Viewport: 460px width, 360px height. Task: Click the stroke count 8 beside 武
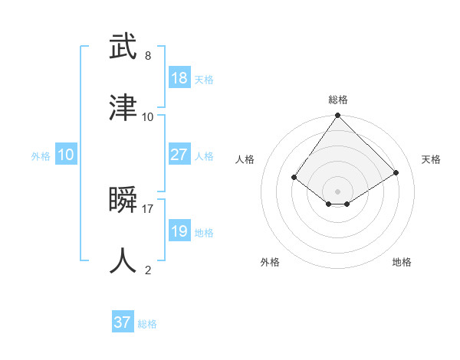click(147, 56)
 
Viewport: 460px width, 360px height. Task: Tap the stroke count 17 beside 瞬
click(148, 208)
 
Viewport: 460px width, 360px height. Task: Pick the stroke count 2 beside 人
click(147, 270)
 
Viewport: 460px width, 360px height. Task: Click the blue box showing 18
click(179, 78)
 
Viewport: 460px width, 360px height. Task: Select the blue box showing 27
click(179, 155)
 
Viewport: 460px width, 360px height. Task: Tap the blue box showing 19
click(179, 231)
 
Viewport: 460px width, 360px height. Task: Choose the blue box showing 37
click(123, 322)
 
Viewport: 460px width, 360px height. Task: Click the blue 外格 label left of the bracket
click(41, 156)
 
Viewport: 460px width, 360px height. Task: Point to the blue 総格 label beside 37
click(148, 324)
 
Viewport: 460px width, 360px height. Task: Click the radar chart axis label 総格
click(338, 100)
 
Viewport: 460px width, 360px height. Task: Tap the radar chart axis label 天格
click(432, 159)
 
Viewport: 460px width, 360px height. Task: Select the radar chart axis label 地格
click(402, 262)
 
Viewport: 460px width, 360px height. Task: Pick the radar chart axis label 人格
click(245, 159)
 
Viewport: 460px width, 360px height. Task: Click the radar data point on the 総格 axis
click(338, 116)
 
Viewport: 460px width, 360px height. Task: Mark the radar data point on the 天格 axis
click(396, 172)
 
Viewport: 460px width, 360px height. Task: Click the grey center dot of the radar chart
click(338, 191)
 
